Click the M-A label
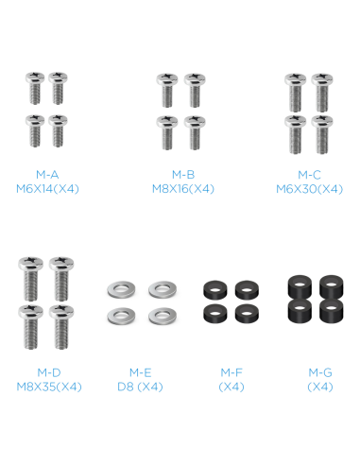(47, 175)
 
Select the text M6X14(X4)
(47, 189)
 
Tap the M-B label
(183, 175)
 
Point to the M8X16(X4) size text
(183, 189)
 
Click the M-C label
(309, 175)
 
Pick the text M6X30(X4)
(309, 189)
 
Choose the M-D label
(49, 372)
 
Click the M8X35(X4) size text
(49, 387)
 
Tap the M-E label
(141, 372)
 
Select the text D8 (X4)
(140, 387)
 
